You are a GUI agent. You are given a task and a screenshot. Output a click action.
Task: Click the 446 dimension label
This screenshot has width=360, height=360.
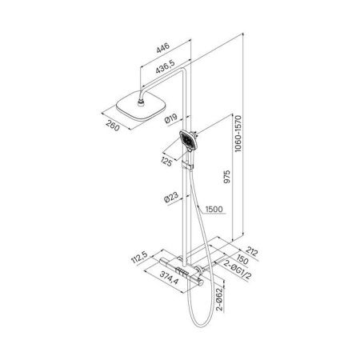pyautogui.click(x=163, y=48)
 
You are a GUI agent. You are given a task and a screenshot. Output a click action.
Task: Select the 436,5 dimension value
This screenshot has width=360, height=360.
pyautogui.click(x=166, y=66)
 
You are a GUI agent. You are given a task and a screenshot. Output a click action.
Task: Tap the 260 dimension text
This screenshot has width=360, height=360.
pyautogui.click(x=113, y=126)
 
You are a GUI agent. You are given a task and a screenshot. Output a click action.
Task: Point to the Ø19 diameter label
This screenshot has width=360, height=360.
pyautogui.click(x=171, y=118)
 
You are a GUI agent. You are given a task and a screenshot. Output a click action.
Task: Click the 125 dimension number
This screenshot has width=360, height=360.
pyautogui.click(x=166, y=162)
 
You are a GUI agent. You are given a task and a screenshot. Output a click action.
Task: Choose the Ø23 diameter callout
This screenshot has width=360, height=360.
pyautogui.click(x=171, y=198)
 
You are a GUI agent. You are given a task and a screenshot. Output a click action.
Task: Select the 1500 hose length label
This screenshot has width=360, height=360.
pyautogui.click(x=214, y=209)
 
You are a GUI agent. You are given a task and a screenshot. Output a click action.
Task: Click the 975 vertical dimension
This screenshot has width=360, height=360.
pyautogui.click(x=226, y=177)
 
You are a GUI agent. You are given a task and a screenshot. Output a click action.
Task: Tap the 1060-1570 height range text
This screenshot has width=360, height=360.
pyautogui.click(x=238, y=134)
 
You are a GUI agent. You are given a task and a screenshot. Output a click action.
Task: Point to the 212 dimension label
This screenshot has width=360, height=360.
pyautogui.click(x=252, y=251)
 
